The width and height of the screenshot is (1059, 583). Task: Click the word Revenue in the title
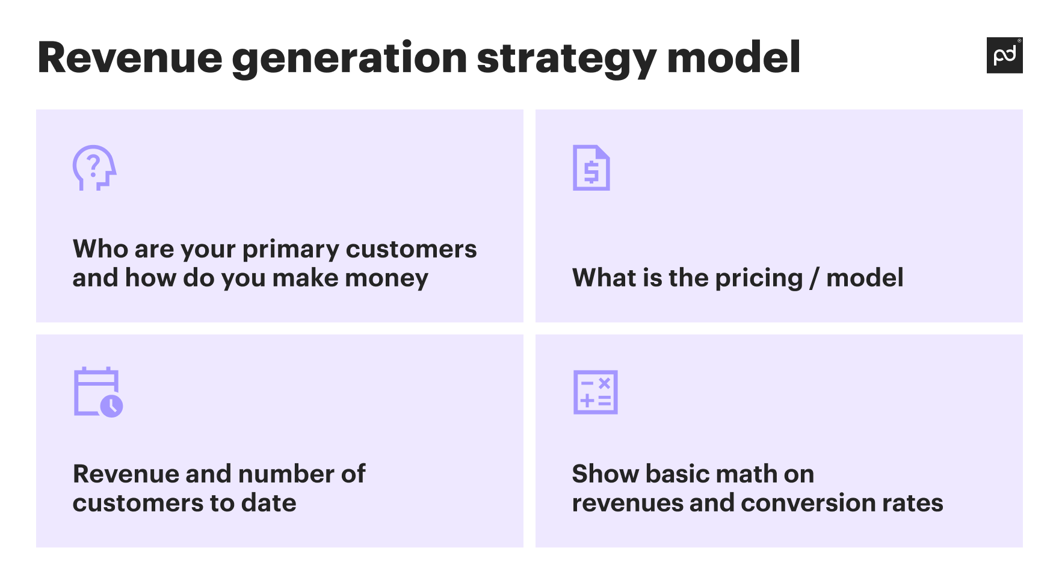pos(130,58)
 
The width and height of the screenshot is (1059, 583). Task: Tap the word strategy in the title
pos(566,58)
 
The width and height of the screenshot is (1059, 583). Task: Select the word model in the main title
pos(733,58)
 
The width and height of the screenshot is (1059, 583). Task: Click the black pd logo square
pos(1004,55)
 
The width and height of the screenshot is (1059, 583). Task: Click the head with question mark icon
pos(94,168)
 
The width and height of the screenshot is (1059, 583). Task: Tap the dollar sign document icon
pos(591,168)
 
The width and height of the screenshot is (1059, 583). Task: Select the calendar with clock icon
pos(97,392)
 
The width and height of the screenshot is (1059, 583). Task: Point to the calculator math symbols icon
pos(595,392)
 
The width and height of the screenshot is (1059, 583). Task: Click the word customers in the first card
pos(411,249)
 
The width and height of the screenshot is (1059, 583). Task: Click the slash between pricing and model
pos(814,278)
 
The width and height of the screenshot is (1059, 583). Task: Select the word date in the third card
pos(268,503)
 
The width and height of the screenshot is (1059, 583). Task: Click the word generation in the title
pos(349,58)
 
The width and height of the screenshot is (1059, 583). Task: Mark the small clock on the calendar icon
pos(112,406)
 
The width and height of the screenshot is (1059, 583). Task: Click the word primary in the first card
pos(291,249)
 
